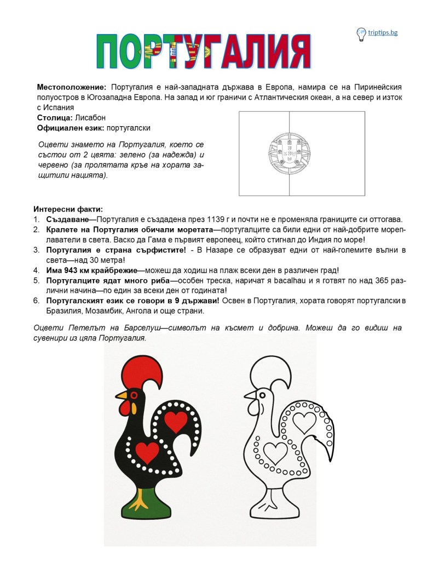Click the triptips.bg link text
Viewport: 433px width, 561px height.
tap(384, 33)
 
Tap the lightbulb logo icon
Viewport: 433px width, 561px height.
tap(361, 34)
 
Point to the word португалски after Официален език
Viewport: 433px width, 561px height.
tap(129, 128)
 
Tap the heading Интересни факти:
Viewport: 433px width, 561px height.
tap(68, 209)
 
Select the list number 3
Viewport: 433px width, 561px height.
tap(36, 250)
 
